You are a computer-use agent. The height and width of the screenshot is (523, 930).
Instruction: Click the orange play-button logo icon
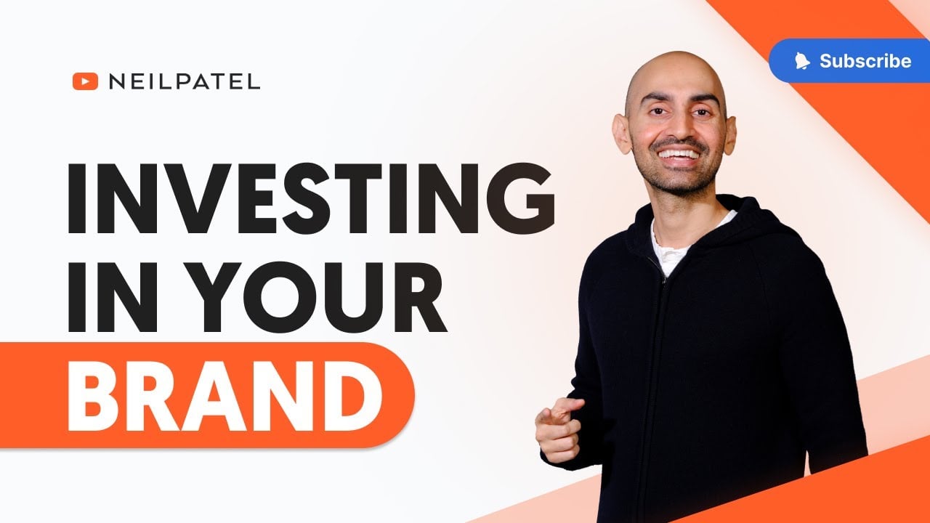click(85, 81)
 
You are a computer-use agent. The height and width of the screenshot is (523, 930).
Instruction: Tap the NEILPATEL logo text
click(185, 81)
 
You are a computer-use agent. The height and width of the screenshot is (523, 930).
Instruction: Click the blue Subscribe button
click(849, 60)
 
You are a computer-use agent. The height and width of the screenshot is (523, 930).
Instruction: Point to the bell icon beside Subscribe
click(801, 61)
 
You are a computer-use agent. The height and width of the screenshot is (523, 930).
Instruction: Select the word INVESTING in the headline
click(311, 198)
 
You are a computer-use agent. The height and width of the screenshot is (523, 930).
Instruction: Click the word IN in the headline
click(113, 297)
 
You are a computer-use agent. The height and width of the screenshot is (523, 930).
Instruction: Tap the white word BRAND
click(225, 397)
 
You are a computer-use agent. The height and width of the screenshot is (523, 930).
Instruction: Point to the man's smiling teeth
click(679, 155)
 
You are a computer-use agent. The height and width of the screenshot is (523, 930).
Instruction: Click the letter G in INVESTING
click(520, 198)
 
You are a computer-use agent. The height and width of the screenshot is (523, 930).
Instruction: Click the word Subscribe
click(865, 61)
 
